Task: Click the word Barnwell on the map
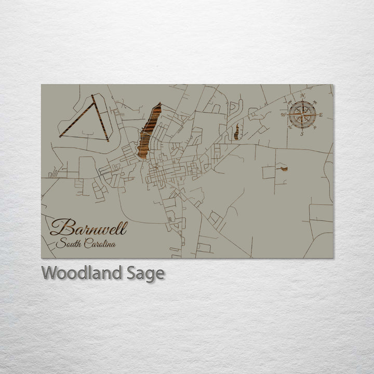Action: point(88,228)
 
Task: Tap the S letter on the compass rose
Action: point(301,133)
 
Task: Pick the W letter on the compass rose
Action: point(283,114)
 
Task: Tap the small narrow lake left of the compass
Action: point(236,131)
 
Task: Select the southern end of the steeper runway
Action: point(107,140)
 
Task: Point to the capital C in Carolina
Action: point(87,244)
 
